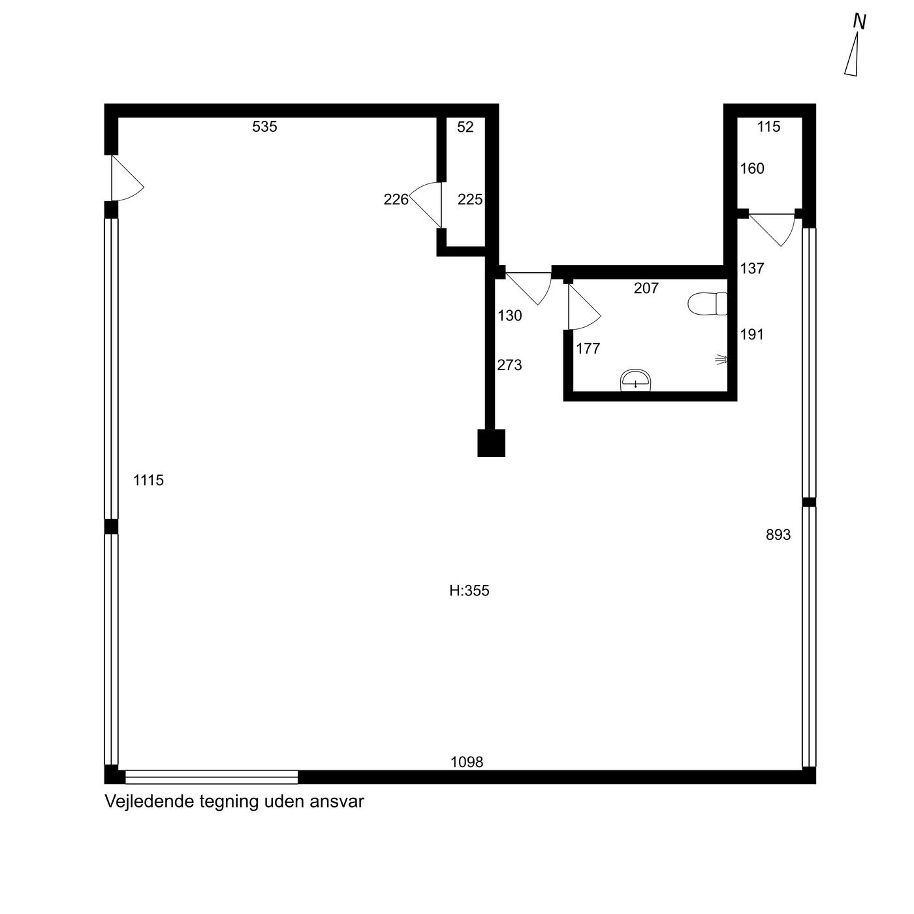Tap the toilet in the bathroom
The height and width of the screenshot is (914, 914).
tap(707, 304)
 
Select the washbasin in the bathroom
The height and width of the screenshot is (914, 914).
tap(635, 380)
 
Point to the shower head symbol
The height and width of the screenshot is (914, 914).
tap(722, 360)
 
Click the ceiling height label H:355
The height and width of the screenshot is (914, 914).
tap(469, 591)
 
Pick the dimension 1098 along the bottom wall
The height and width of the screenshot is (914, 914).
tap(467, 762)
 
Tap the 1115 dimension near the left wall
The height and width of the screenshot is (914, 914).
tap(148, 480)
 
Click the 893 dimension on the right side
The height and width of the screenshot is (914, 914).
tap(778, 535)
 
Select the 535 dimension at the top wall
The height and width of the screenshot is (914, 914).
tap(264, 127)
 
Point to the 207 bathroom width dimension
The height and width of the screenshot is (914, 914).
tap(646, 288)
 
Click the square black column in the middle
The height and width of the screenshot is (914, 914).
tap(491, 443)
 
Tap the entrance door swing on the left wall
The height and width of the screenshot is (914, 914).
tap(127, 178)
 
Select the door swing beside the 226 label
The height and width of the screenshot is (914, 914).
tap(426, 205)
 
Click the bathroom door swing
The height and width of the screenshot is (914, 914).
tap(584, 307)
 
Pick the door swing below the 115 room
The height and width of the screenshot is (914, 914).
tap(773, 230)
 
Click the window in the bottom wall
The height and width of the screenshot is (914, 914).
tap(212, 777)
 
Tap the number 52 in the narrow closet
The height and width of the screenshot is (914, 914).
tap(465, 127)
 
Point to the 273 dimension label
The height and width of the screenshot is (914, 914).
tap(509, 365)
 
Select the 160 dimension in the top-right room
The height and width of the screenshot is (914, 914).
tap(752, 168)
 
